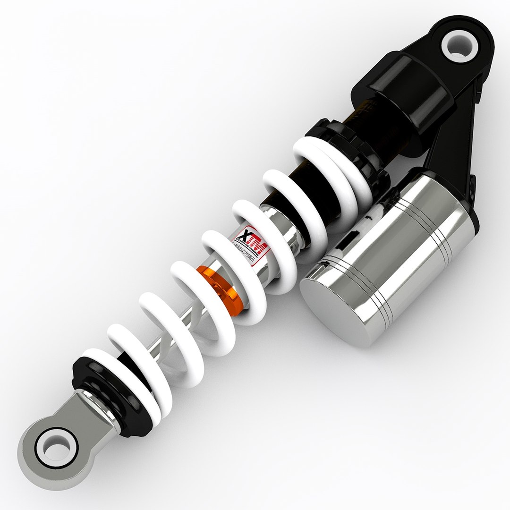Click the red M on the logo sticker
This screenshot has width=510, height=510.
point(259,246)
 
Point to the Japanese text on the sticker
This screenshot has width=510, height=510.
point(246,252)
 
